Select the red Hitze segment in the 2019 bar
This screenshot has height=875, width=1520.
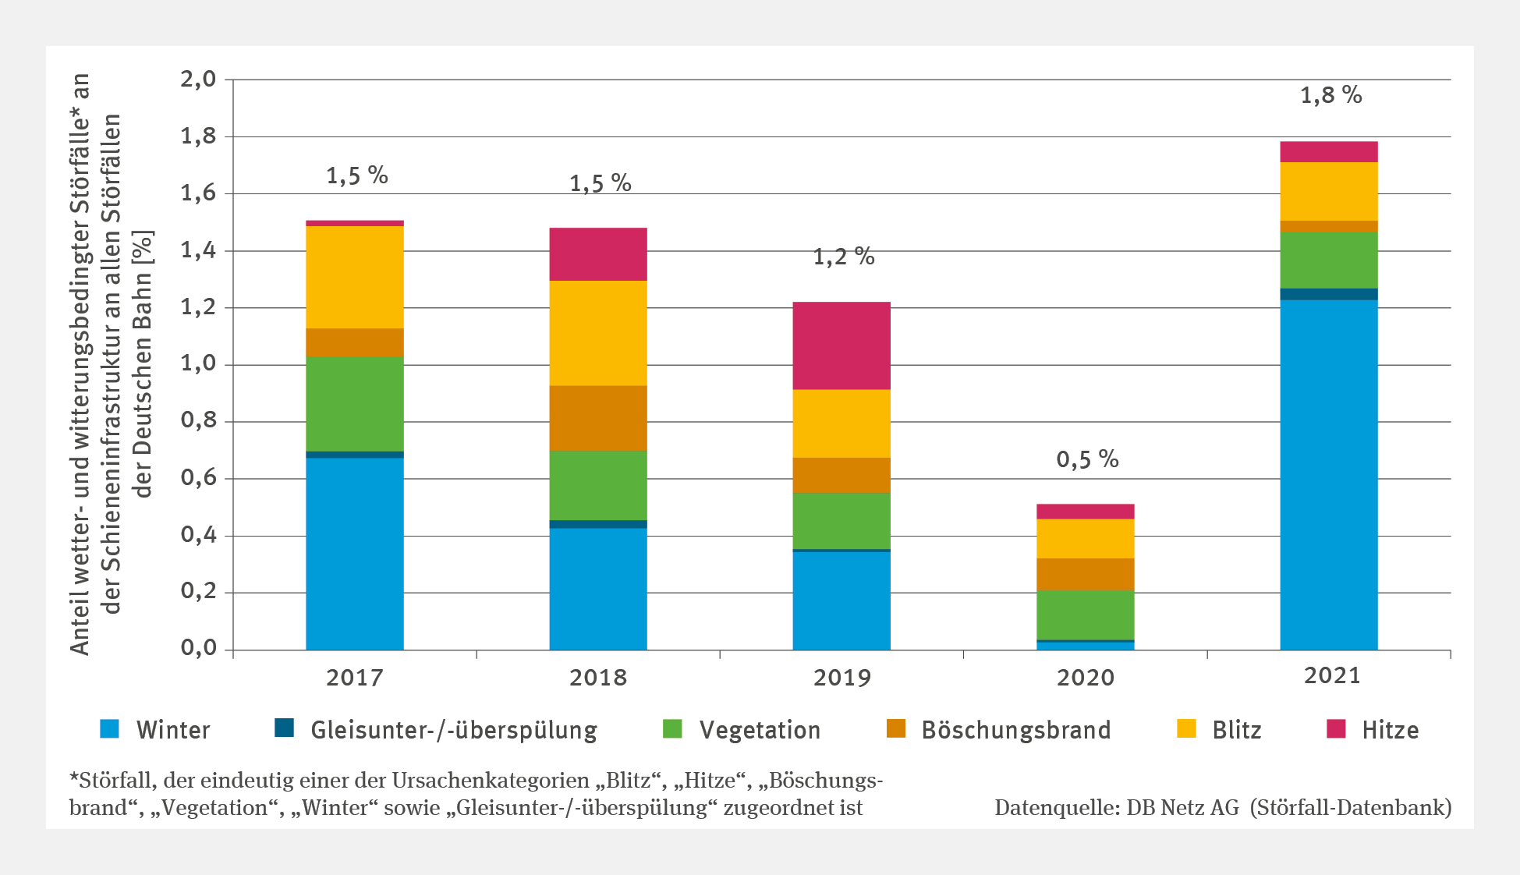coord(841,345)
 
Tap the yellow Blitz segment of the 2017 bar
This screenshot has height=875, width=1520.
coord(355,277)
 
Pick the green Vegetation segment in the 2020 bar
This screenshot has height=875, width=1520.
coord(1085,615)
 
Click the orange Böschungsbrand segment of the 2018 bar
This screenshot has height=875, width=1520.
coord(598,418)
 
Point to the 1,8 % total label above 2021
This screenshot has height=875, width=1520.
coord(1330,96)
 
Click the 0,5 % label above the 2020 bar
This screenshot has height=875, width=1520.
coord(1087,459)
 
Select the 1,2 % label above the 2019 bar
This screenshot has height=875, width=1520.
coord(844,257)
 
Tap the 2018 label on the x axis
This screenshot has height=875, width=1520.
coord(598,677)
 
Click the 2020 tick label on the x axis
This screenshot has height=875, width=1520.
coord(1085,677)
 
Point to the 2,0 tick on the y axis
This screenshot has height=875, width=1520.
coord(198,80)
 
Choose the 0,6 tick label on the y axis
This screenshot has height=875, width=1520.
coord(198,478)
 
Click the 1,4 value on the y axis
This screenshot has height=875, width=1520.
coord(198,250)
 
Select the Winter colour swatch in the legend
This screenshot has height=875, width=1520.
coord(110,728)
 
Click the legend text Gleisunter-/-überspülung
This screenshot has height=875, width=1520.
coord(453,730)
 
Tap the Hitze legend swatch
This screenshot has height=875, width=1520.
coord(1336,728)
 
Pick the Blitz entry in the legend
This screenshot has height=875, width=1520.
coord(1236,730)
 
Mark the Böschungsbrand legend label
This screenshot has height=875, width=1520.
coord(1015,730)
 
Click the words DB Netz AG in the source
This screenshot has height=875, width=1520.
coord(1182,808)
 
